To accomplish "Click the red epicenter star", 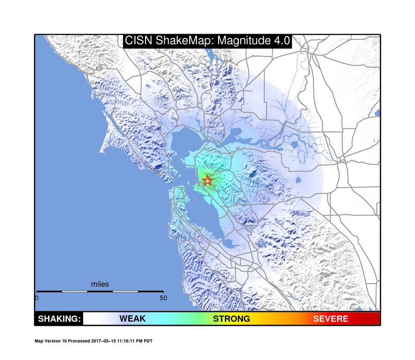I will tap(207, 181).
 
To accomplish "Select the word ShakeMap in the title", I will tap(185, 41).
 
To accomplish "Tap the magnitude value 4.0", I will tap(281, 41).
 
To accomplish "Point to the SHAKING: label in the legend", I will tap(59, 319).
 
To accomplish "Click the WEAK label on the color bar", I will tap(132, 319).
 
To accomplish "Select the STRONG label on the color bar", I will tap(232, 319).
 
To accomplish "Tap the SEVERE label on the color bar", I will tap(330, 319).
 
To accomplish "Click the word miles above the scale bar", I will tap(100, 285).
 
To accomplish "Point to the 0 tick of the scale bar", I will tap(37, 298).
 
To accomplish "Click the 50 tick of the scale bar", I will tap(163, 298).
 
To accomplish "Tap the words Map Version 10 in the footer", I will tap(50, 341).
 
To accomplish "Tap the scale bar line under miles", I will tap(100, 291).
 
